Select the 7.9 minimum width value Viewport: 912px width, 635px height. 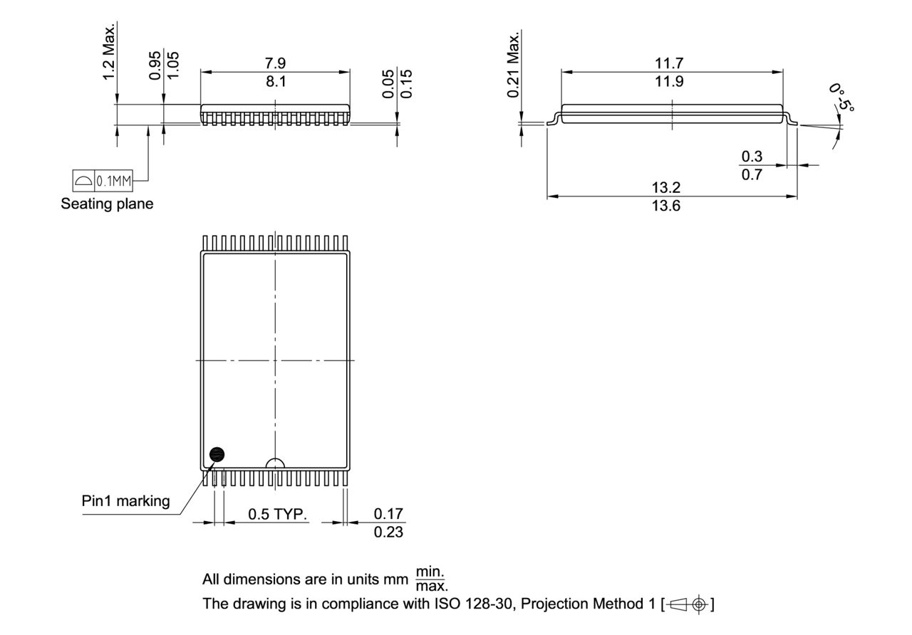(275, 65)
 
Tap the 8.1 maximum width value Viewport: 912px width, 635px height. (275, 81)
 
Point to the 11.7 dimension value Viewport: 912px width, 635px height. (669, 65)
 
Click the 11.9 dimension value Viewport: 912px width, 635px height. (669, 81)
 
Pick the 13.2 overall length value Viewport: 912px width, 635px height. (667, 188)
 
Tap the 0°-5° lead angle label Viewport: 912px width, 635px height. (841, 97)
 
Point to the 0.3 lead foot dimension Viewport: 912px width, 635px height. (752, 157)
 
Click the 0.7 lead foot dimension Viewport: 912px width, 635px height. (752, 174)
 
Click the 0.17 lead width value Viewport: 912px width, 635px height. (388, 514)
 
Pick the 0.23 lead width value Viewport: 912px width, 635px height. (388, 531)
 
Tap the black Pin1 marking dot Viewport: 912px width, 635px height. (217, 454)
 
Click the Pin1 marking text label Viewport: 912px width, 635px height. (125, 501)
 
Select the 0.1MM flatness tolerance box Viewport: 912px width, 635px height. (103, 182)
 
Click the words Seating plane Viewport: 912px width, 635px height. (108, 204)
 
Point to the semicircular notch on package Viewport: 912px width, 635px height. (275, 463)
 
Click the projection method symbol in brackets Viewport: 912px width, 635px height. (688, 604)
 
